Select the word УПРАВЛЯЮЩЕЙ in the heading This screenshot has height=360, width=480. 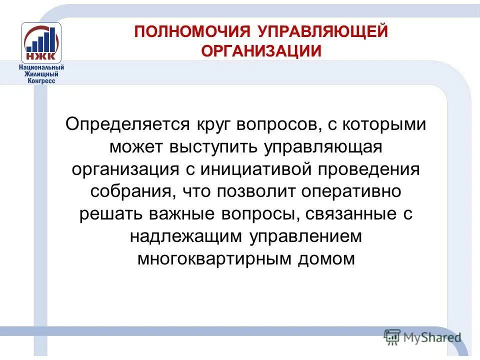point(323,32)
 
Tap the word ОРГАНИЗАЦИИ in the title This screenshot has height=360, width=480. point(261,51)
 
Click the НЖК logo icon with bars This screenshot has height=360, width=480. point(41,42)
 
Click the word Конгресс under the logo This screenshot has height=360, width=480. point(41,80)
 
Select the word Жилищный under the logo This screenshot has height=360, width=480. point(41,74)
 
